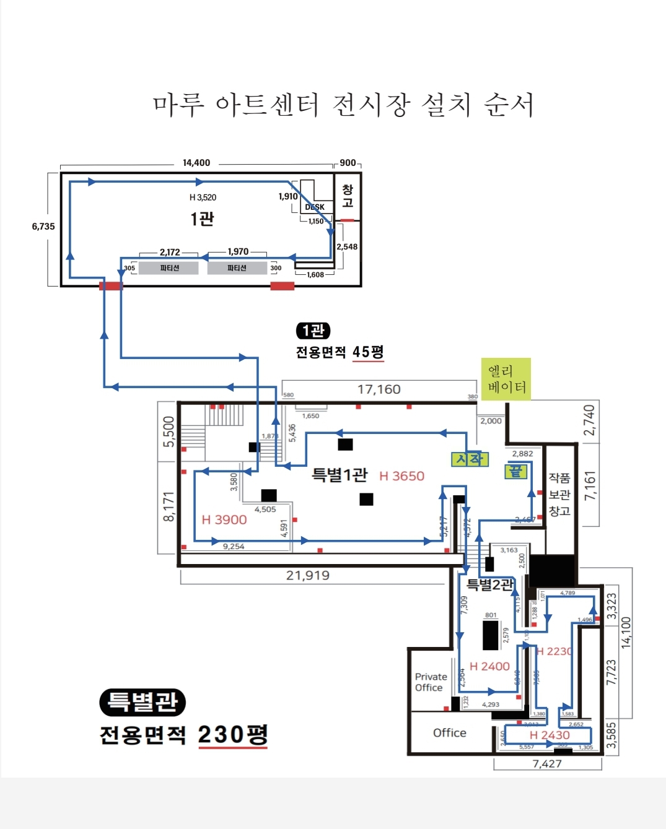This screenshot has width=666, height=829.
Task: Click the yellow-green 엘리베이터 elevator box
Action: (x=506, y=379)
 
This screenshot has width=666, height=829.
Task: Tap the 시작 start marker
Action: (x=470, y=459)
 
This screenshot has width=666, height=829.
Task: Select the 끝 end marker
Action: (x=516, y=472)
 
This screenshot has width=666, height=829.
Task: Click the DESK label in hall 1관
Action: (x=315, y=207)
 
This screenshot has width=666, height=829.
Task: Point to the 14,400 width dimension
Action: (x=196, y=163)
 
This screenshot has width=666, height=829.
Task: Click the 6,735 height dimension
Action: (x=43, y=227)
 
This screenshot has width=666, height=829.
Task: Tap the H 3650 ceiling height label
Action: (x=401, y=476)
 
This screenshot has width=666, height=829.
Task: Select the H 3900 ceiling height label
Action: (x=224, y=520)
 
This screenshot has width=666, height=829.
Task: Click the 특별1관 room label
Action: (x=340, y=475)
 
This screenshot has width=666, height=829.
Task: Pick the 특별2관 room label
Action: (x=490, y=584)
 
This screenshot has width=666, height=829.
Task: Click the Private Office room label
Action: (x=430, y=682)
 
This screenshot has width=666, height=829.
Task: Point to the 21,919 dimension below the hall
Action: (x=308, y=576)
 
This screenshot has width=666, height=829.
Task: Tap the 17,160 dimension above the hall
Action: (x=379, y=389)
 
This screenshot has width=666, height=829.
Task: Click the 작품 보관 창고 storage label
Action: (x=559, y=494)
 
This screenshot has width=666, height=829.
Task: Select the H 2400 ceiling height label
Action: (x=489, y=666)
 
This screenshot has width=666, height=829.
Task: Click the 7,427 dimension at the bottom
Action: (x=547, y=764)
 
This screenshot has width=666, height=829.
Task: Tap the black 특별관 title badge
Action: (x=142, y=702)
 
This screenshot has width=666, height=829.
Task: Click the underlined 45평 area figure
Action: (x=368, y=352)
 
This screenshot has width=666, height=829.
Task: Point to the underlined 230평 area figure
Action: (x=233, y=735)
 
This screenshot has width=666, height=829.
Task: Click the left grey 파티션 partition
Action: (x=169, y=268)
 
